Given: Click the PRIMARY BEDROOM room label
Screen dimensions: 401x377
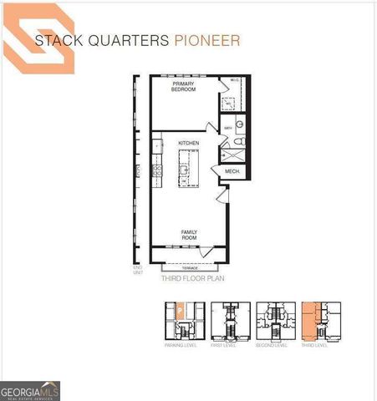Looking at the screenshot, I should (x=183, y=88).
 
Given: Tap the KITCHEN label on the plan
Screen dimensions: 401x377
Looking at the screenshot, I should (x=188, y=144).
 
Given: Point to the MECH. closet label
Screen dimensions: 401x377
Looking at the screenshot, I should (x=232, y=172).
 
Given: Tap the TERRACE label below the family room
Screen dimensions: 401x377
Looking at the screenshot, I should (x=189, y=268).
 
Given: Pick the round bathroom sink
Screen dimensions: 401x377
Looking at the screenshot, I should (x=241, y=125).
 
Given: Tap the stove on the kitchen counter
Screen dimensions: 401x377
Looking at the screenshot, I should (x=155, y=171).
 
